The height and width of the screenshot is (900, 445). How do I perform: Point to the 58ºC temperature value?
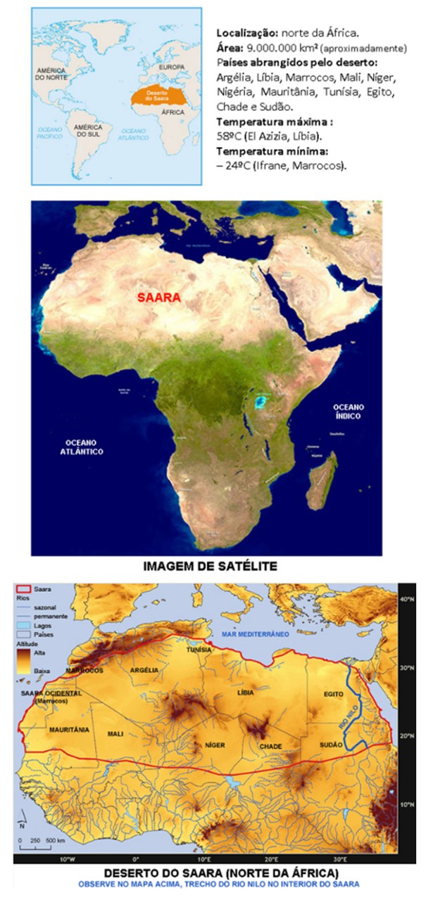[x=227, y=136]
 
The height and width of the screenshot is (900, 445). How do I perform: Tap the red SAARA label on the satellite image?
[x=158, y=297]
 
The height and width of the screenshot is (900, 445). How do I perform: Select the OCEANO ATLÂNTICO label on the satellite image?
[x=84, y=446]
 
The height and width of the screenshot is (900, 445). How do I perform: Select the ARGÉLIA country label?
[x=144, y=670]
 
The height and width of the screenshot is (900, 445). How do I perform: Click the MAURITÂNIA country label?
[x=69, y=730]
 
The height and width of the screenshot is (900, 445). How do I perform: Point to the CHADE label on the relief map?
[x=270, y=746]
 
